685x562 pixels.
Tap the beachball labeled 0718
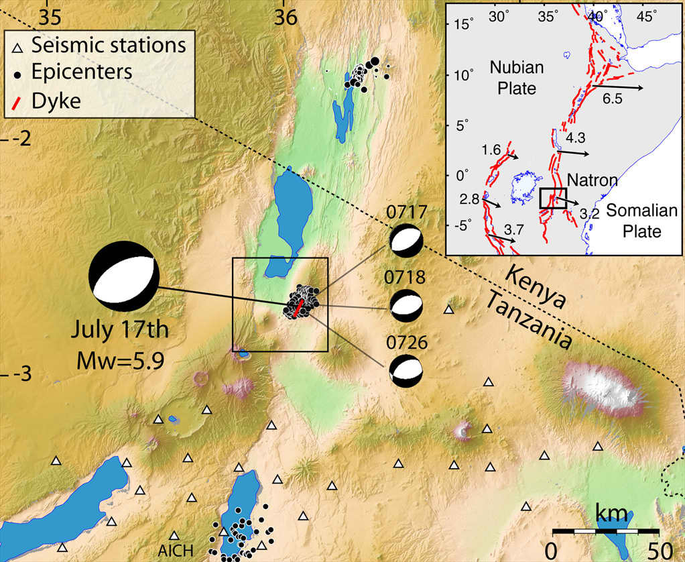[406, 306]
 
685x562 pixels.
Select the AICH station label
[176, 551]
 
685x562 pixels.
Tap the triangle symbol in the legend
[19, 47]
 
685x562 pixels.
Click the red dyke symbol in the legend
[19, 101]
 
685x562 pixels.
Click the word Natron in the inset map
[590, 180]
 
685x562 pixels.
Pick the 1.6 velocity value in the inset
[491, 150]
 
